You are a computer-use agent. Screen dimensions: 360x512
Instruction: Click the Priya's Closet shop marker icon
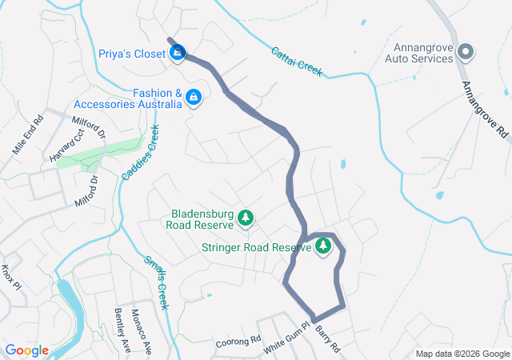pos(178,54)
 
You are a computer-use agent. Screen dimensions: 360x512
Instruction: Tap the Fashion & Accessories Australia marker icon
pos(193,98)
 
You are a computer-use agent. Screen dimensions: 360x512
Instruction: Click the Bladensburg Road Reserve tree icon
pos(246,218)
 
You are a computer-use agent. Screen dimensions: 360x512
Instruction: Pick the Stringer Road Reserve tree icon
pos(323,247)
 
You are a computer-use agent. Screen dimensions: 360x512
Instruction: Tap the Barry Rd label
pos(328,338)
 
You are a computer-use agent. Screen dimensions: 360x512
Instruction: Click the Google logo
pos(27,350)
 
